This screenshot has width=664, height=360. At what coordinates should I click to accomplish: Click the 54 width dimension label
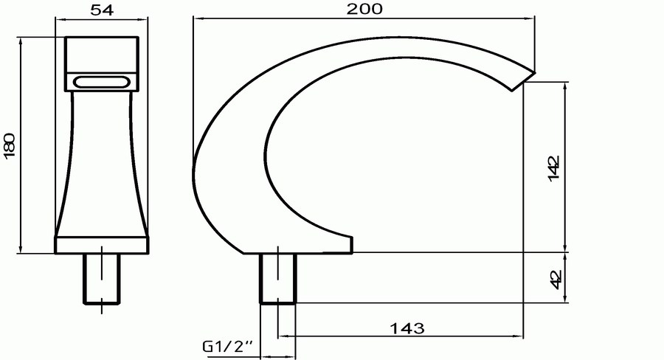tap(102, 10)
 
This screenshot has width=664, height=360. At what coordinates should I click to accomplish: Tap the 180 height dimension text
tap(10, 145)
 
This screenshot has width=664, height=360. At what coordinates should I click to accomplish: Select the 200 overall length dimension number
tap(364, 8)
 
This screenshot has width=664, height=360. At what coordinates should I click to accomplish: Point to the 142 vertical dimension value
tap(554, 168)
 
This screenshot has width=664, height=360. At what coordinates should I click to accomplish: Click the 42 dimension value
tap(556, 279)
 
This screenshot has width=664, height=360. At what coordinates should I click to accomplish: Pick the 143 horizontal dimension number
tap(407, 328)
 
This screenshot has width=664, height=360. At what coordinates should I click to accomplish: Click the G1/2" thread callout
tap(227, 347)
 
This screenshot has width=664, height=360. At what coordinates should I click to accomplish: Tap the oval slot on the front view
tap(102, 81)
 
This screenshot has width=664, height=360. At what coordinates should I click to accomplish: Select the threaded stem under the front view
tap(102, 278)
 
